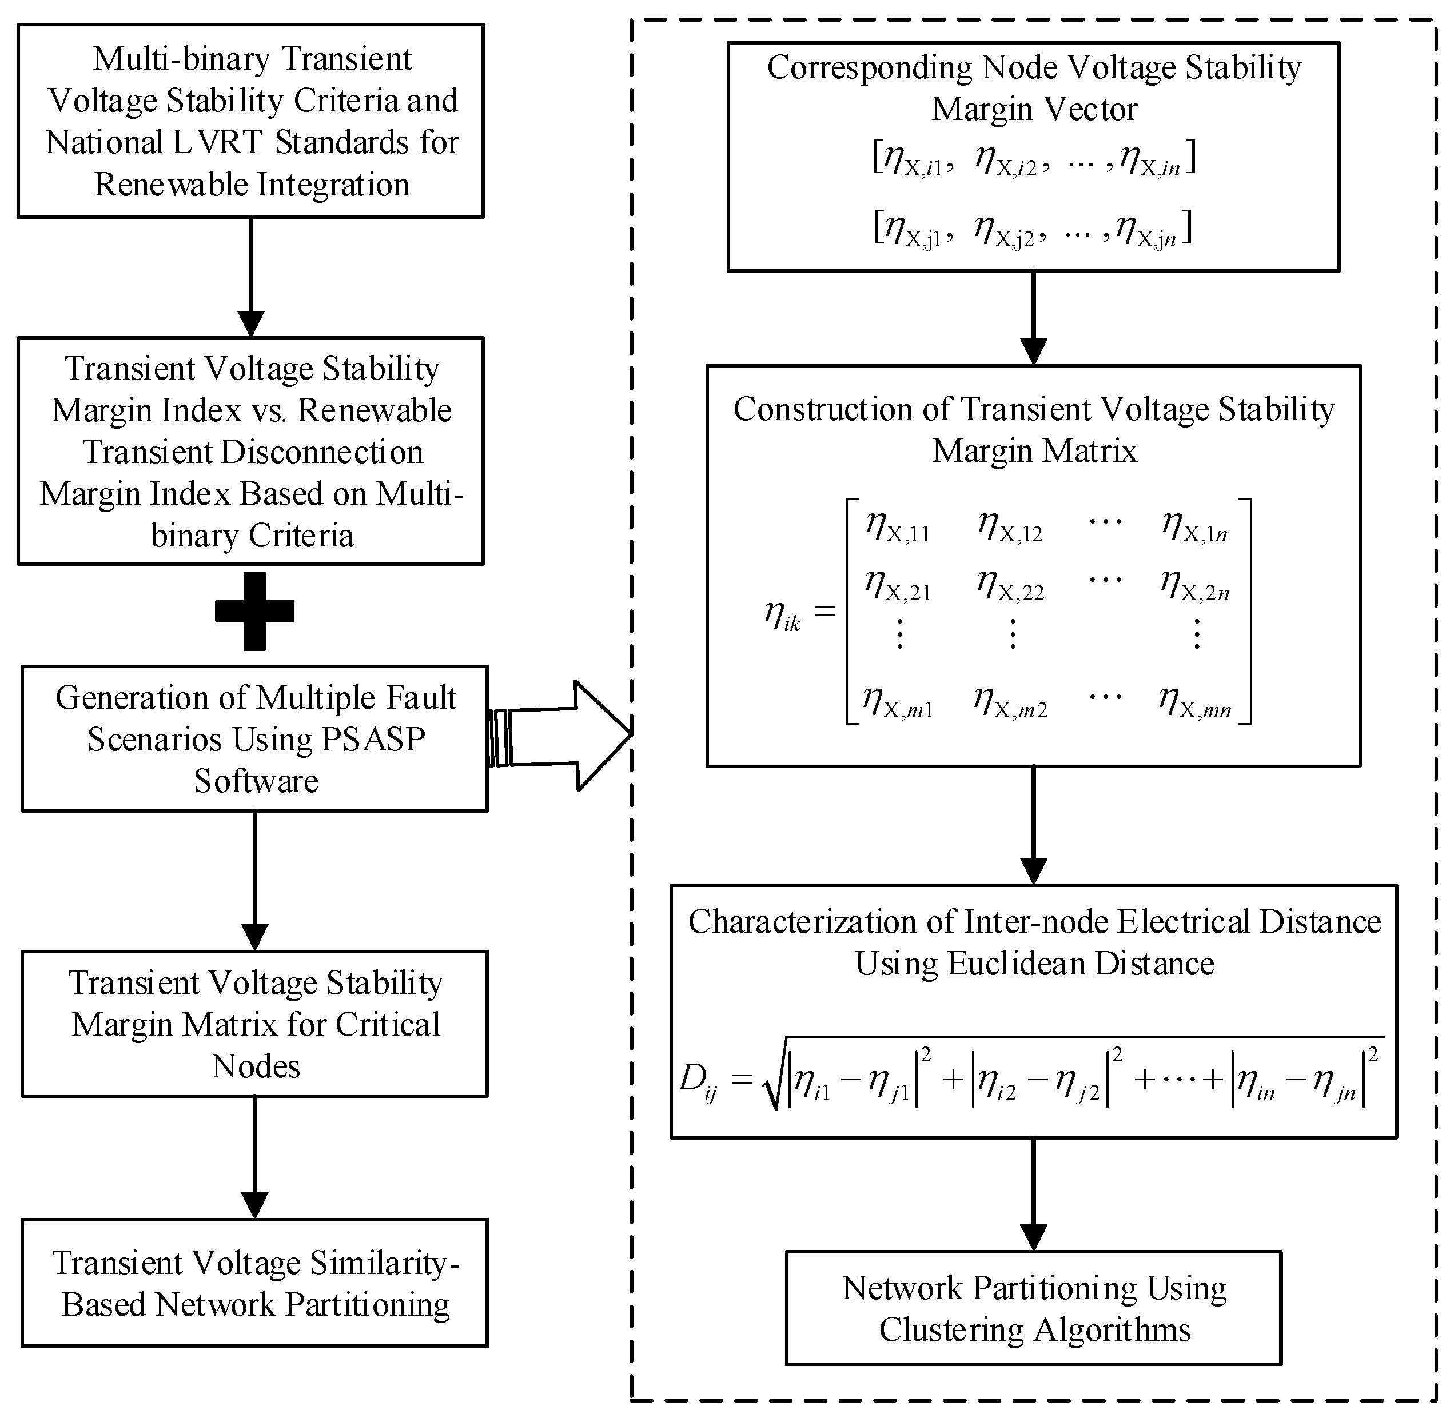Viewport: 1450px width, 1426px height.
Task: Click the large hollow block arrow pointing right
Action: click(x=562, y=735)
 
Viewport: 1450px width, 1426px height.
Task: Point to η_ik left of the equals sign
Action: click(x=782, y=616)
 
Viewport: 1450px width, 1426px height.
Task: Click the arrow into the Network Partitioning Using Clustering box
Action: click(x=1033, y=1194)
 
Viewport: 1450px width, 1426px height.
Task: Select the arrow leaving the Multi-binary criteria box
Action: click(x=250, y=277)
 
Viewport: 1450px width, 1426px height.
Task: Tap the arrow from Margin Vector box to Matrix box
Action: click(x=1033, y=318)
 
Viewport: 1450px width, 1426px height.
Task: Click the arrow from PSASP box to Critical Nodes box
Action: click(x=255, y=881)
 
